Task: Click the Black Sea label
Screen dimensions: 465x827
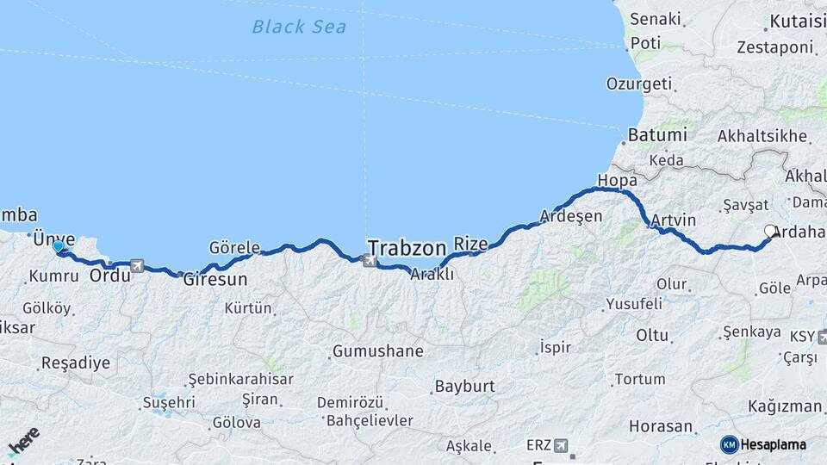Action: (x=299, y=27)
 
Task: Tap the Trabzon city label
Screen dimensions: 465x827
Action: (x=407, y=245)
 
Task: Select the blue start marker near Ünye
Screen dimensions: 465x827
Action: (x=58, y=247)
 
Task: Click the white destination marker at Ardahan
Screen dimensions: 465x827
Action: (x=769, y=231)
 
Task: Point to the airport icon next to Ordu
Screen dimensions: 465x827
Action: (x=137, y=266)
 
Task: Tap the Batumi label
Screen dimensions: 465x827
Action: (x=657, y=135)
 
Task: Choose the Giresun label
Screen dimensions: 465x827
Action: (x=215, y=280)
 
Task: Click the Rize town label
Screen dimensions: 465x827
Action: (x=470, y=244)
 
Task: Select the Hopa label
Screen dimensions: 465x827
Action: (x=617, y=181)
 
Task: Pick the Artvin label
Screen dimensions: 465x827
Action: (x=673, y=220)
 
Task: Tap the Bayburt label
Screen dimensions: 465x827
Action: (x=465, y=386)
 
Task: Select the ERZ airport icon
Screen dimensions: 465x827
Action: (x=562, y=445)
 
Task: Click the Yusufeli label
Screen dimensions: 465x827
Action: (x=633, y=304)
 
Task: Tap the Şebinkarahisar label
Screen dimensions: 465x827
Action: (x=240, y=379)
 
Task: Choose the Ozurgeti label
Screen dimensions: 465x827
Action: (x=638, y=84)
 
